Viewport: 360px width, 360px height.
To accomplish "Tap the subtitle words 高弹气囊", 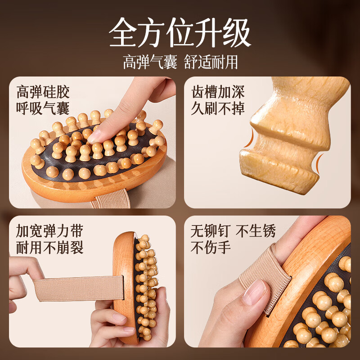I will tap(150, 62).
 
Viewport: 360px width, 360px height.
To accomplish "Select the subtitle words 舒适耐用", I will tap(211, 62).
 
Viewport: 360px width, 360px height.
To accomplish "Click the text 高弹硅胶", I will tap(43, 92).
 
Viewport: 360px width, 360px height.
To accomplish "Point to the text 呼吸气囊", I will tap(43, 108).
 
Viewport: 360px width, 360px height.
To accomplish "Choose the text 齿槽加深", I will tap(218, 92).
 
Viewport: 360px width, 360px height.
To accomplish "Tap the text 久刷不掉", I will tap(218, 108).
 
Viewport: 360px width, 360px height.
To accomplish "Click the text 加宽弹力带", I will tap(49, 231).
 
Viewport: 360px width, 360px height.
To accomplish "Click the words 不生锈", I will tap(256, 231).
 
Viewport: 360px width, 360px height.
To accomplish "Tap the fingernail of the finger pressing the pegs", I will tap(96, 136).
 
